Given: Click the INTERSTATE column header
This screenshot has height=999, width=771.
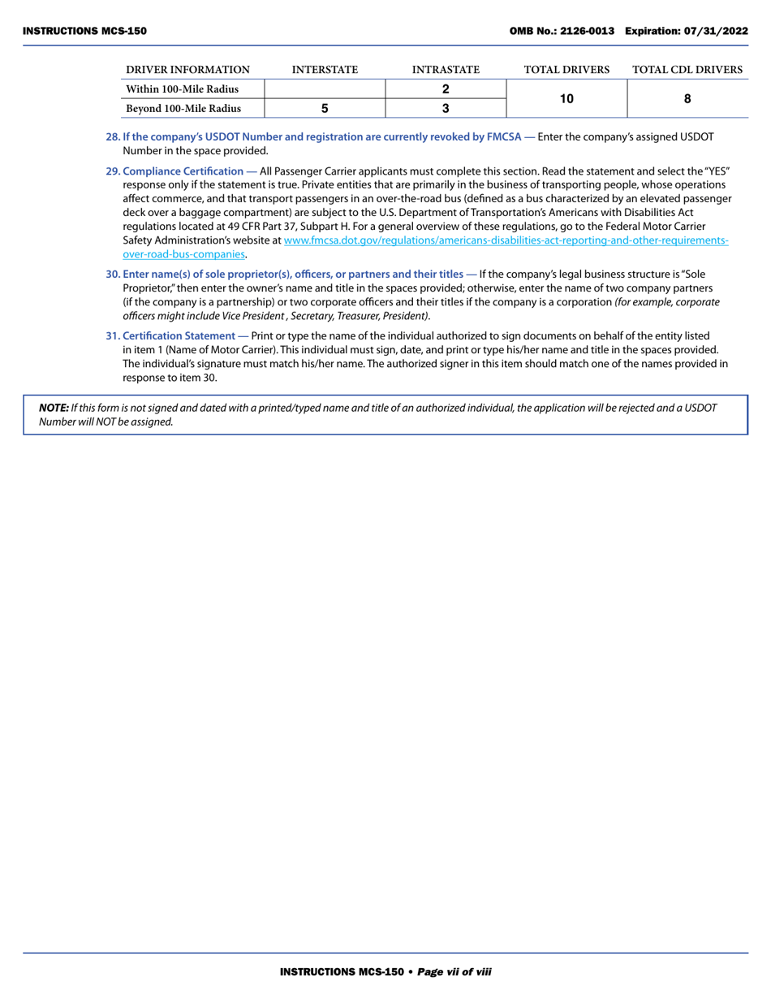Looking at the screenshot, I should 325,70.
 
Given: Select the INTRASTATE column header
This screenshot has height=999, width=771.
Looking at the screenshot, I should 446,70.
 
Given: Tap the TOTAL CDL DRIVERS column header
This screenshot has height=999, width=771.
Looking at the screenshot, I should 687,70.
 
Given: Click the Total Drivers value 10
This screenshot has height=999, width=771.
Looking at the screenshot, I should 566,98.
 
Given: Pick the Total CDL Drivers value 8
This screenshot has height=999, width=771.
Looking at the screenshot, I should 687,98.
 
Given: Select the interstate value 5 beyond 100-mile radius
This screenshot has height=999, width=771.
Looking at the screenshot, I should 325,108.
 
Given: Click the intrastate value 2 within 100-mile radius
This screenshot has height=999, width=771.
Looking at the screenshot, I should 446,89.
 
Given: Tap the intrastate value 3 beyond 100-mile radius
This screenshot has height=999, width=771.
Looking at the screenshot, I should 446,108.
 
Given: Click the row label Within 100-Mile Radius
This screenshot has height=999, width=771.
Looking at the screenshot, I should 183,89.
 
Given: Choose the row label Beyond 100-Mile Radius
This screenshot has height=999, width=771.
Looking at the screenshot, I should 183,108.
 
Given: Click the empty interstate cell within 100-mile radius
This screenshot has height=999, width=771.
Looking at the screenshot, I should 325,89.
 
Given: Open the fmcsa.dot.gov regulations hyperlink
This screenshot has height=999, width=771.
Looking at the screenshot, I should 506,240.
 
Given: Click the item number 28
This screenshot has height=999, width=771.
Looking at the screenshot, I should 113,136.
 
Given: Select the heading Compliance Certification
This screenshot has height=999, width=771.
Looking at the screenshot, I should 183,171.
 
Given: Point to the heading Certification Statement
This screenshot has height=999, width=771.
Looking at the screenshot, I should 179,335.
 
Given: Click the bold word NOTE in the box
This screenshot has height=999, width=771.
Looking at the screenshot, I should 54,408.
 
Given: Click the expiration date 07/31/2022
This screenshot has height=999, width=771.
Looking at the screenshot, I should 715,31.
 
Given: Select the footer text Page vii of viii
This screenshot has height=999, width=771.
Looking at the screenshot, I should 454,971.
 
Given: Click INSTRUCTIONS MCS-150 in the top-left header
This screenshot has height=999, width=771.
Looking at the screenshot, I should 84,31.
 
